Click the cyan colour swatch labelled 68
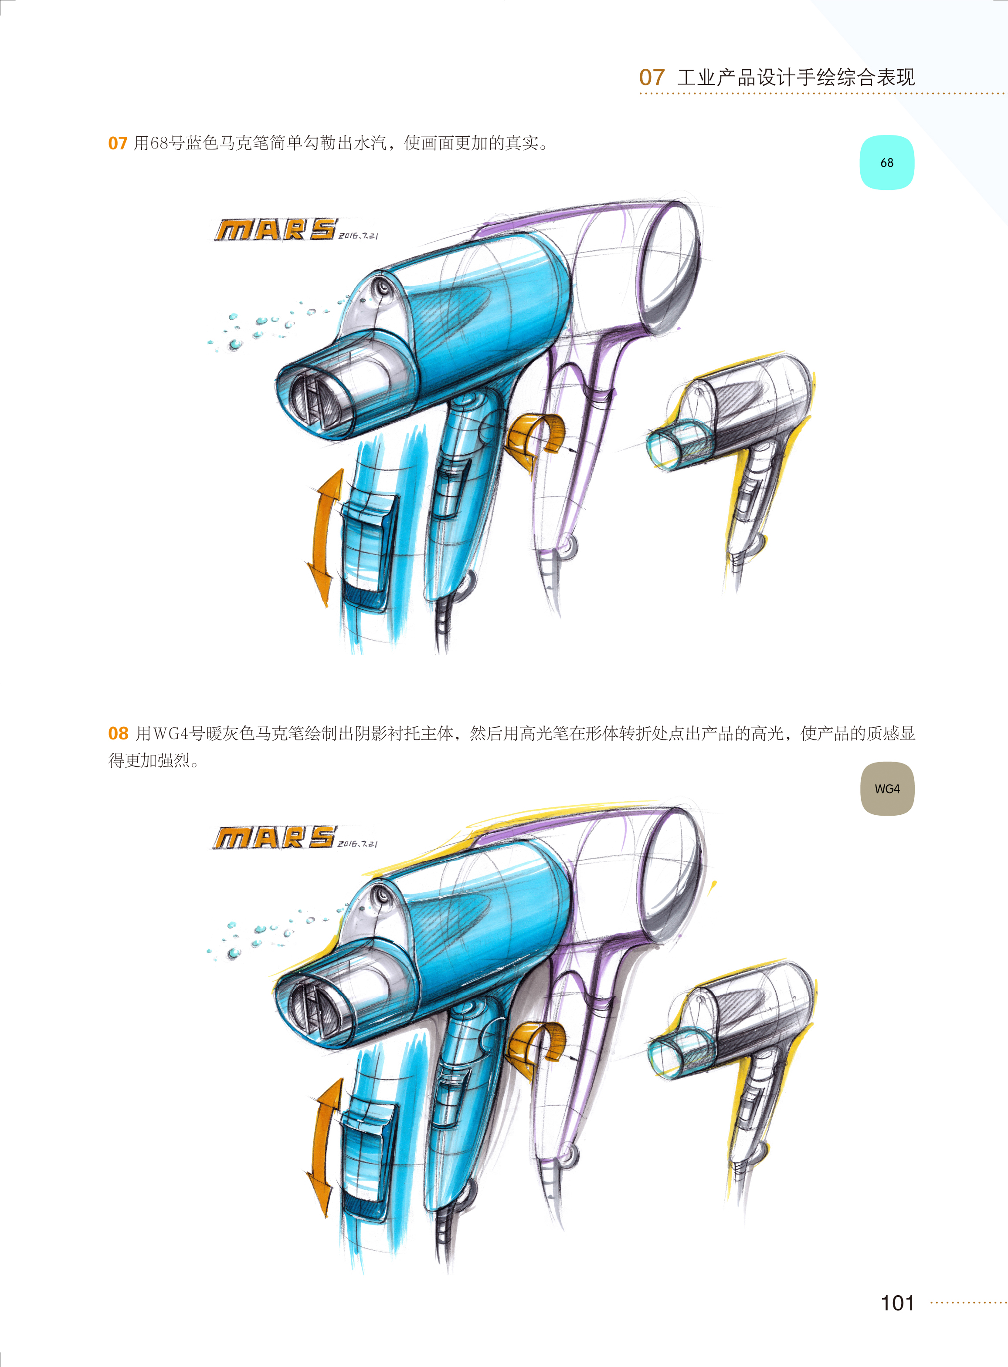[886, 163]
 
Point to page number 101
[897, 1303]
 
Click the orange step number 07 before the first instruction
[117, 143]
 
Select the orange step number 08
[118, 733]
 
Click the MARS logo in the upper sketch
[275, 230]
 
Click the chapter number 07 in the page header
[652, 78]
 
